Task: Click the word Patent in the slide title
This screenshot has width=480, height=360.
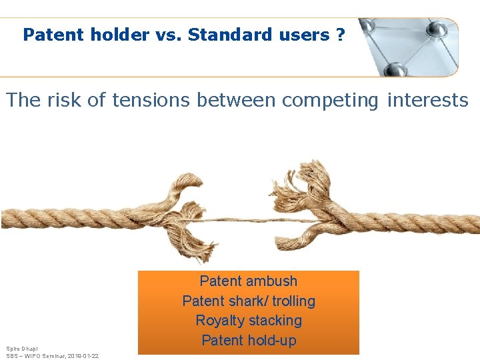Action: [51, 35]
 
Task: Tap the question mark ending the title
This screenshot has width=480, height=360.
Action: [341, 35]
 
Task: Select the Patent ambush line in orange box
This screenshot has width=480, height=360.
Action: [248, 281]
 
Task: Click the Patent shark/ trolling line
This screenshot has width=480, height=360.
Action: [248, 301]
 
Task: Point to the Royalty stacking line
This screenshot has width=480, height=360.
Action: [248, 321]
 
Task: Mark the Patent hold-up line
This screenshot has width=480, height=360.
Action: [248, 341]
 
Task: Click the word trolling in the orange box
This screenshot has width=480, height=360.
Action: [293, 301]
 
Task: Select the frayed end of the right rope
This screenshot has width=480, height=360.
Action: [313, 200]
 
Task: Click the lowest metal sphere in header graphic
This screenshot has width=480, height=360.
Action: [395, 69]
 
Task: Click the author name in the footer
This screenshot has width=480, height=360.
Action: [21, 349]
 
